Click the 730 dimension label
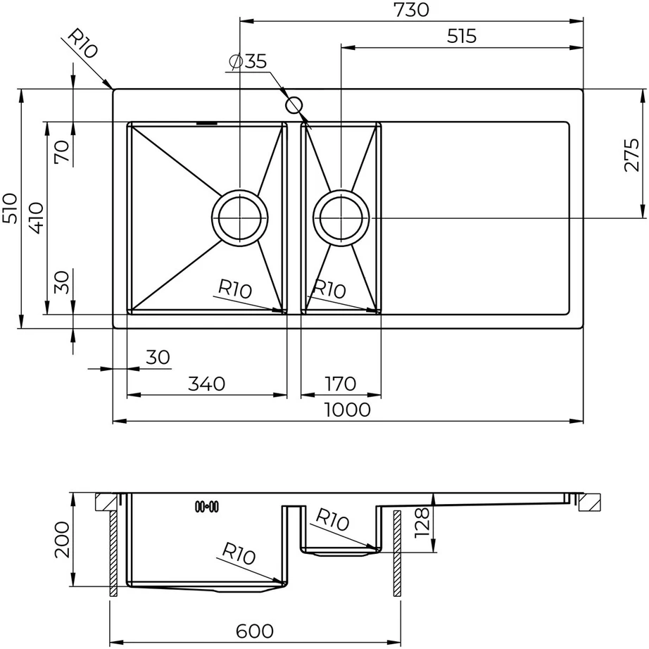tap(411, 10)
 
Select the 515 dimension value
tap(462, 37)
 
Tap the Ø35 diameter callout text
tap(248, 61)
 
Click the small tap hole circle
tap(294, 105)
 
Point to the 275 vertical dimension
tap(631, 155)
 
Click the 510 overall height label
tap(10, 208)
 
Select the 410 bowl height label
tap(37, 218)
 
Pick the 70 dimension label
tap(62, 151)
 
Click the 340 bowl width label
tap(206, 384)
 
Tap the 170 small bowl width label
tap(340, 384)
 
